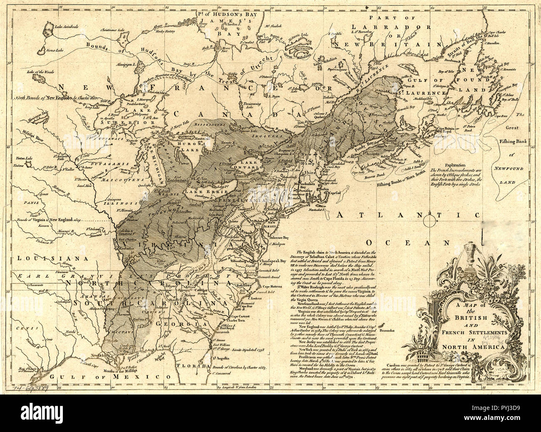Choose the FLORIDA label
click(234, 367)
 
